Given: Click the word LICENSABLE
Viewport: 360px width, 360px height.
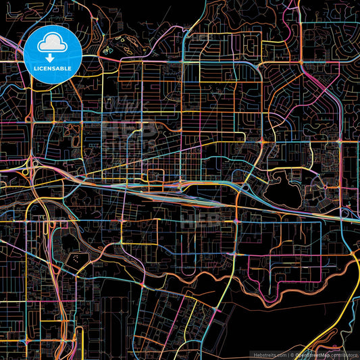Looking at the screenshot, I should coord(53,68).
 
